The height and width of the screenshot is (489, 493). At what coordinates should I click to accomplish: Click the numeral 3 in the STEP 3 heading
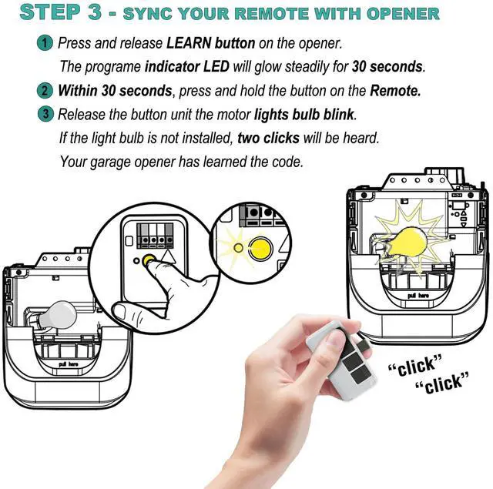point(95,12)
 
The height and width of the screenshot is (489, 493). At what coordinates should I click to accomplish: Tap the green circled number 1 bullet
point(45,43)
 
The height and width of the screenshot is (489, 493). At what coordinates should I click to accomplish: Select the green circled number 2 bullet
point(45,91)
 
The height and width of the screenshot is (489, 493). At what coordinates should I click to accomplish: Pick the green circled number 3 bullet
point(45,114)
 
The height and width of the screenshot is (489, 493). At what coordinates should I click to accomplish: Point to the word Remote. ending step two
point(395,91)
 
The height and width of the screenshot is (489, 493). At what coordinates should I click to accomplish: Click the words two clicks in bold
point(268,138)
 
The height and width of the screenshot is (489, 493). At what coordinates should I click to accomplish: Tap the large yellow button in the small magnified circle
point(260,248)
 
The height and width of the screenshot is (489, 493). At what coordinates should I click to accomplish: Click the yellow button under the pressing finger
point(148,260)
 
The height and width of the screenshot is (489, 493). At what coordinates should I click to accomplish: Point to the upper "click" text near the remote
point(416,365)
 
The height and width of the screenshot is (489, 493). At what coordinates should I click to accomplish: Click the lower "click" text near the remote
point(442,383)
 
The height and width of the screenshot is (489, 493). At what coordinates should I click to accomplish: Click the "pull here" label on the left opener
point(68,364)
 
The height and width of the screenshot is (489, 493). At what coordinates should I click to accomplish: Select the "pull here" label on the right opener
point(418,296)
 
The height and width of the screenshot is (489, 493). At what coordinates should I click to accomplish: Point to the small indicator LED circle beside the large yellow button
point(239,248)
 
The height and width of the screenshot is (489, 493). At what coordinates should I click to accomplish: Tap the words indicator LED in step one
point(186,67)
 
